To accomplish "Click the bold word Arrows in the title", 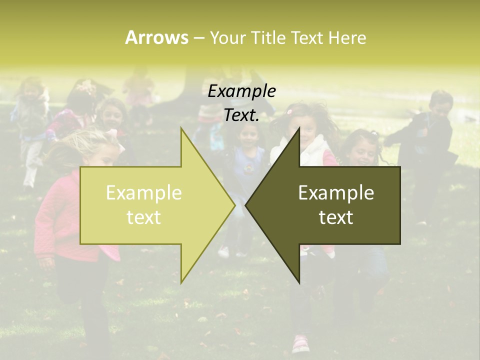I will click(156, 37).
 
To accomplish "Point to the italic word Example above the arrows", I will click(241, 91).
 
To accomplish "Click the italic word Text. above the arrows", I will click(241, 115).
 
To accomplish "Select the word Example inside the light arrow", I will click(143, 192).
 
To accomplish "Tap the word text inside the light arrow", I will click(143, 217).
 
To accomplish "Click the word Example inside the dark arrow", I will click(336, 192).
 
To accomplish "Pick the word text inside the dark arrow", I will click(336, 217).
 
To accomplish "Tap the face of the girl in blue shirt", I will click(248, 135).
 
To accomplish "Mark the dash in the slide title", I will click(198, 38).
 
